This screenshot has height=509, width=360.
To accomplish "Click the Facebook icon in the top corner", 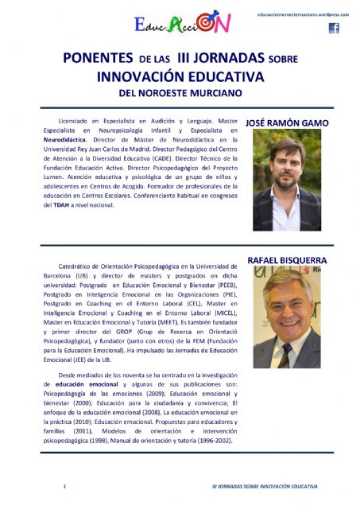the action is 334,29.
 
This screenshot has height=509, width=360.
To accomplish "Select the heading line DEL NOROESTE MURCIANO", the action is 179,91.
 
